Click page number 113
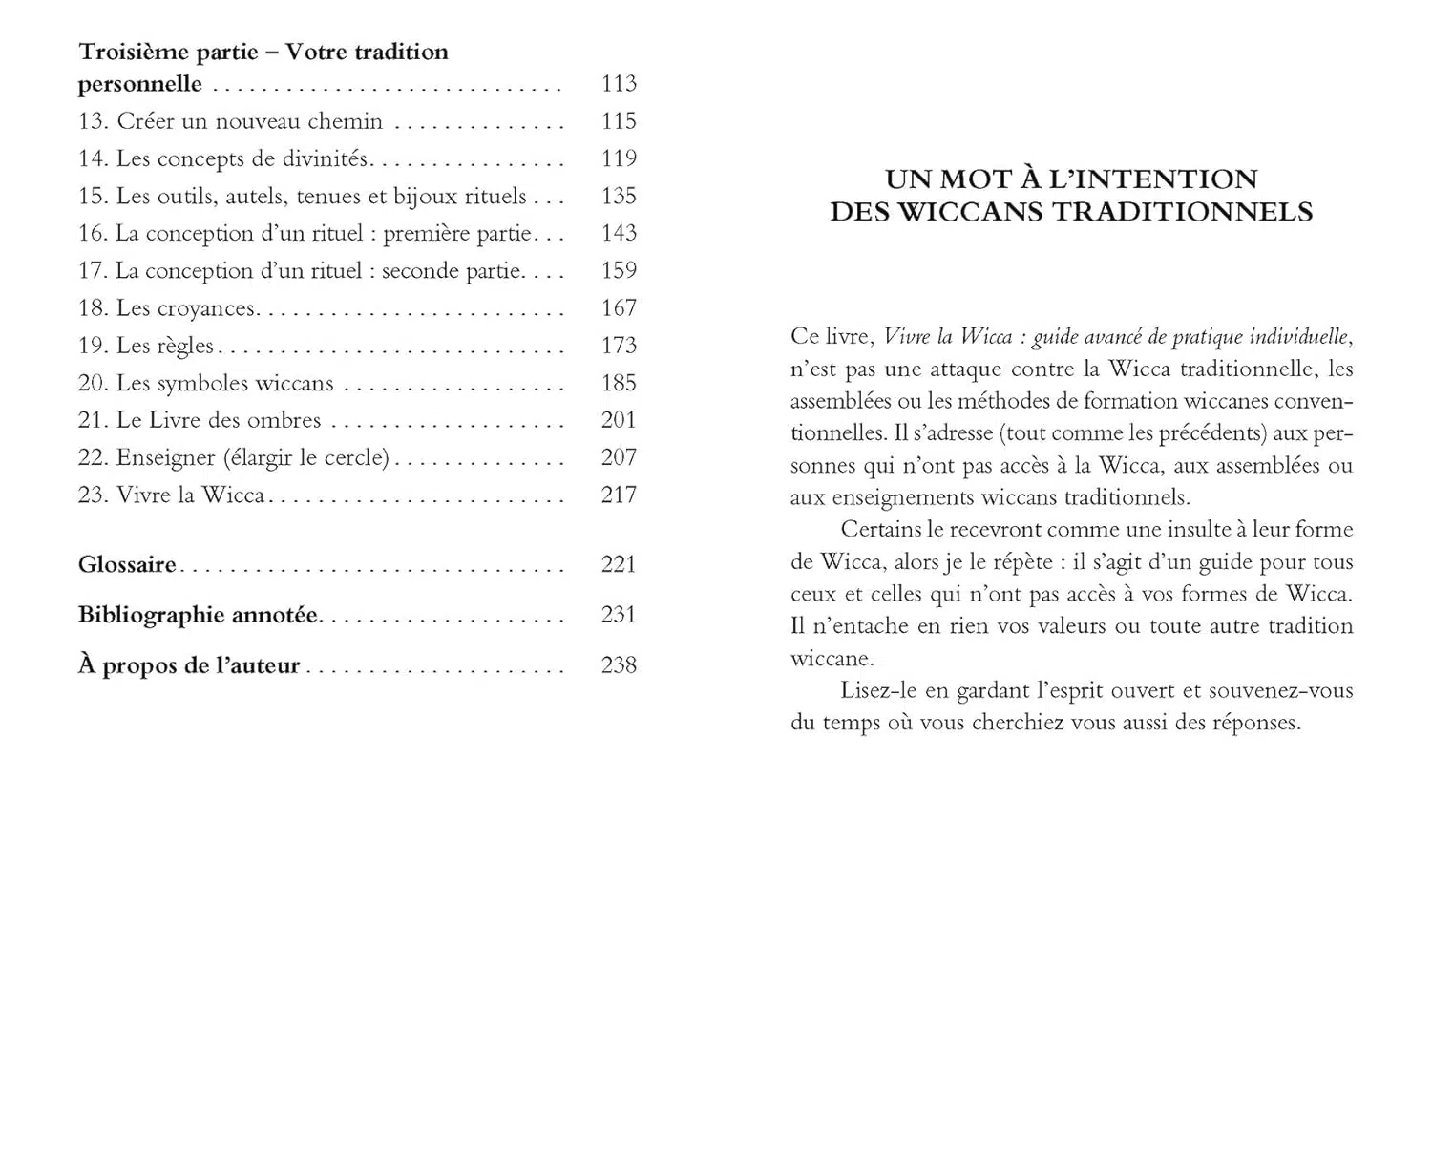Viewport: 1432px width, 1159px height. (x=619, y=84)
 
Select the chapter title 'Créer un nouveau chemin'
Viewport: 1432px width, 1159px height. (x=249, y=121)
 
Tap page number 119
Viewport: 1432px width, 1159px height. (x=619, y=158)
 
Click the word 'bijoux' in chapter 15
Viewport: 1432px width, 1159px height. (x=425, y=196)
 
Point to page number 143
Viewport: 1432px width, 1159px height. (x=619, y=233)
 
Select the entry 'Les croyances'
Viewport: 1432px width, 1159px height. (x=185, y=308)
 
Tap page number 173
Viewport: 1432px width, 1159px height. (x=619, y=346)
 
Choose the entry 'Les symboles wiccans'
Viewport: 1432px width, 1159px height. (x=224, y=383)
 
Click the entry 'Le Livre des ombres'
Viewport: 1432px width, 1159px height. (x=218, y=420)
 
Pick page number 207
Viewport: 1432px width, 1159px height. (x=619, y=457)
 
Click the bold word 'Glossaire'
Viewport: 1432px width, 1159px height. (x=127, y=564)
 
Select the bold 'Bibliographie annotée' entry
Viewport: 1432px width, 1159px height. (x=198, y=615)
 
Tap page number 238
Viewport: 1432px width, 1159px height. (x=619, y=665)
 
